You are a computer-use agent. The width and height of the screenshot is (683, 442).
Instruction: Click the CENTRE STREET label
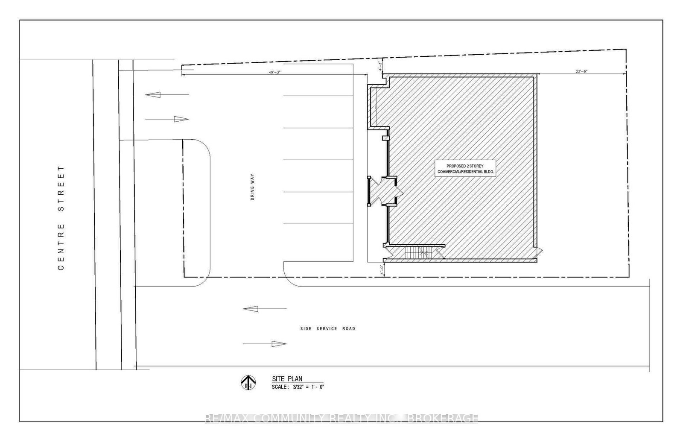pyautogui.click(x=61, y=218)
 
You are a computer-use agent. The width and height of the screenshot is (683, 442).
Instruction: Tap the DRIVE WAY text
pyautogui.click(x=252, y=187)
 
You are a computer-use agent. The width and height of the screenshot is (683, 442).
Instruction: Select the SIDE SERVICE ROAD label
pyautogui.click(x=327, y=329)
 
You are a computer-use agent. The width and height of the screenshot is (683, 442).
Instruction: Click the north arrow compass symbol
pyautogui.click(x=248, y=382)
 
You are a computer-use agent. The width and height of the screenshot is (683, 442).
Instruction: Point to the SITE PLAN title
pyautogui.click(x=287, y=379)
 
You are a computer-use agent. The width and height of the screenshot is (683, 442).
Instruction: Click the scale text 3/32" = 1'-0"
pyautogui.click(x=299, y=387)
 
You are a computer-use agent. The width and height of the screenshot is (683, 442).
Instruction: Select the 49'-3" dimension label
pyautogui.click(x=274, y=73)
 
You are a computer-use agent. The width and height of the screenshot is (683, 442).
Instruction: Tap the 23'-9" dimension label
pyautogui.click(x=581, y=71)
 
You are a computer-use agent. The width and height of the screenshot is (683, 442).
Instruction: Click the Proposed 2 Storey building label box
pyautogui.click(x=465, y=168)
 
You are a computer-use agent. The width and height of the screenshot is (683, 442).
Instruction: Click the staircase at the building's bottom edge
pyautogui.click(x=418, y=253)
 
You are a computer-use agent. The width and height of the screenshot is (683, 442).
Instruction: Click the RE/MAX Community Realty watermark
pyautogui.click(x=341, y=418)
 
